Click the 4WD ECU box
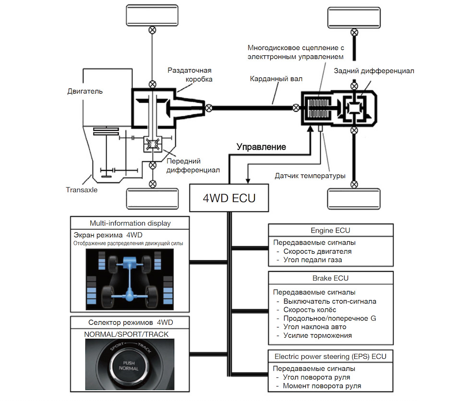229,197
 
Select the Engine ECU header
330,231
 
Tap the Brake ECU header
330,278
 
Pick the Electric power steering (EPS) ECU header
330,356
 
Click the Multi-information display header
130,223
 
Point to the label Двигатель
85,91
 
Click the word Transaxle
82,190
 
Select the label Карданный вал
269,79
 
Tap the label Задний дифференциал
374,71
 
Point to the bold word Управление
261,147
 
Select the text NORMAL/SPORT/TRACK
127,334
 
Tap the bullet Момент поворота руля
322,386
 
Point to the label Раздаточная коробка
190,74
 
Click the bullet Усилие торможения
318,335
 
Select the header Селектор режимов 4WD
130,322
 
